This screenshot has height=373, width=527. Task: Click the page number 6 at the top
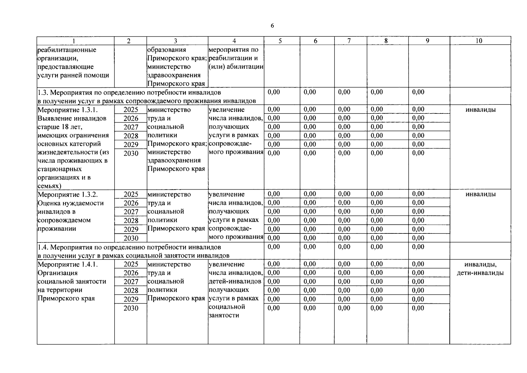272,26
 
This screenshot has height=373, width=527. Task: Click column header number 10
479,41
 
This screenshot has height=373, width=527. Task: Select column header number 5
280,41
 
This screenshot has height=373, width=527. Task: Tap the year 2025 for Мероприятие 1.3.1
131,110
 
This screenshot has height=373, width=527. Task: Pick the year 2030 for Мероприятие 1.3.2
131,238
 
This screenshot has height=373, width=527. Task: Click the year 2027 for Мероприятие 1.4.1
131,282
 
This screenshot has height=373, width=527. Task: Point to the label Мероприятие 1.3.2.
67,195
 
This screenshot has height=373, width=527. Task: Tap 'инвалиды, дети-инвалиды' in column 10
480,269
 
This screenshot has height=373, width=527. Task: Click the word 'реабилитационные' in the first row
67,50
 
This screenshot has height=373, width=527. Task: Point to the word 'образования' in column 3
166,50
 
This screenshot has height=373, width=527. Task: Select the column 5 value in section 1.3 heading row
274,92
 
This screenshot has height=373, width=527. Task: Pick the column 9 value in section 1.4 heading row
418,247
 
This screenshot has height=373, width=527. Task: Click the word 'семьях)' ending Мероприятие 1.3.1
49,186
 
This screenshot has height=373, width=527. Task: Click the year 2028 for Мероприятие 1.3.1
131,136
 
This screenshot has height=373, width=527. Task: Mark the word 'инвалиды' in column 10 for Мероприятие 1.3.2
480,194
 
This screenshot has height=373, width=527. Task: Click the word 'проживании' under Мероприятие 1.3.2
57,228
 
